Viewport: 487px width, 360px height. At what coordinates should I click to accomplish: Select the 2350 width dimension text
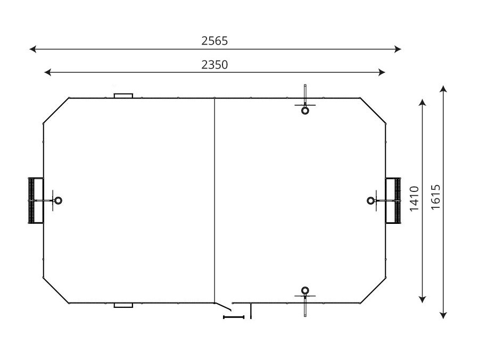[214, 64]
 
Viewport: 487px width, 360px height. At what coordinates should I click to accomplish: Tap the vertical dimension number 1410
[415, 199]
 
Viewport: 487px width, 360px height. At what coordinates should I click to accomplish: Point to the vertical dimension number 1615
[435, 198]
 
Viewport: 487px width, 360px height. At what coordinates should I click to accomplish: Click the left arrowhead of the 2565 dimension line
[32, 49]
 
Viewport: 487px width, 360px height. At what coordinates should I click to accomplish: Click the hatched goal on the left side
[36, 200]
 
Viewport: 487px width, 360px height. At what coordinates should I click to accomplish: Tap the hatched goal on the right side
[394, 200]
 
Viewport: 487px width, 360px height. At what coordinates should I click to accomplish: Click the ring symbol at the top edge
[305, 111]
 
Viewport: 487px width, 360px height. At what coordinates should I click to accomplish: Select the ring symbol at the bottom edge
[305, 290]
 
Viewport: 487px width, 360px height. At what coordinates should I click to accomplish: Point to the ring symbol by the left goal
[59, 200]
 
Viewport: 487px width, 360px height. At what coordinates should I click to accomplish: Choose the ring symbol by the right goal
[371, 200]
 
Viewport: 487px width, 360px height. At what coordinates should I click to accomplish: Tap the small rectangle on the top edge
[123, 96]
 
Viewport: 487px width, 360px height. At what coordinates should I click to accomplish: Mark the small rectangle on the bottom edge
[123, 305]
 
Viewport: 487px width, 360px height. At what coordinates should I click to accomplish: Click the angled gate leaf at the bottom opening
[224, 306]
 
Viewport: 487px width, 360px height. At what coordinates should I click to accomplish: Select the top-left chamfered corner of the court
[56, 111]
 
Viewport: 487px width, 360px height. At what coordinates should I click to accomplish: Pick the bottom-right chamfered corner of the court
[373, 291]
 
